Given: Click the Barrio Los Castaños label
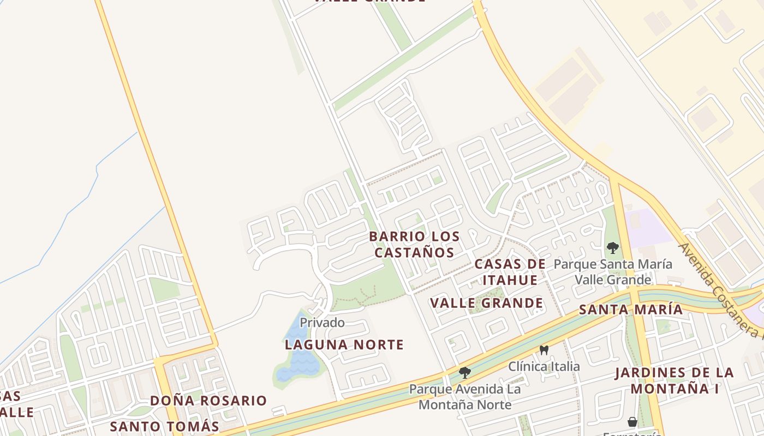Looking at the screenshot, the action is click(414, 244).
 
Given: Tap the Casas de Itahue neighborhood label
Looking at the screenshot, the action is click(510, 271).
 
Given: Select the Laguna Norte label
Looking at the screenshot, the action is click(344, 344).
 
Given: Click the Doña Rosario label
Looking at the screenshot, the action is click(208, 401).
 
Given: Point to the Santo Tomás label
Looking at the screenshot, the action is click(164, 426).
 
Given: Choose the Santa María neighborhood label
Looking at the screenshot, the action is click(630, 310).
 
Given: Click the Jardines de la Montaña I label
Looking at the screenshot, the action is click(674, 380).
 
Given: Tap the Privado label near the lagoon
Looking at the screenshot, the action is click(322, 323).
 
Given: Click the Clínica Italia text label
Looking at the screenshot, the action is click(544, 366).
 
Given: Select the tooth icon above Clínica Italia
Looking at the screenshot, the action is click(544, 350).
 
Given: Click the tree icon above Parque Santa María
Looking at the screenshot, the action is click(612, 248).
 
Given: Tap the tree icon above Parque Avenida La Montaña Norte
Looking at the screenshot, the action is click(465, 373).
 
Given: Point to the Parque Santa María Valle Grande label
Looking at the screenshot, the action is click(613, 272).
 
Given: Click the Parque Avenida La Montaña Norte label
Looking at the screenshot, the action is click(465, 397).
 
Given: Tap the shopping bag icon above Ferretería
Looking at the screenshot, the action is click(632, 422).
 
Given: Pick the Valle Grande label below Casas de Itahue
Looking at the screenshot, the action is click(486, 303).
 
